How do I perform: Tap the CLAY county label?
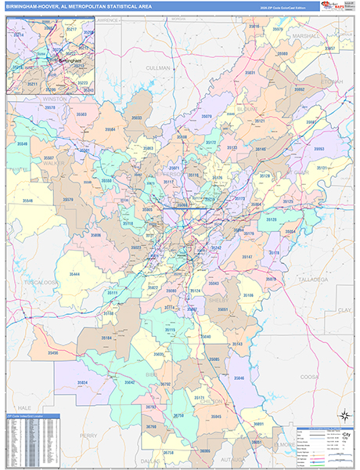pyautogui.click(x=344, y=309)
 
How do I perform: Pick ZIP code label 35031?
pyautogui.click(x=250, y=72)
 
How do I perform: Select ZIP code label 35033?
pyautogui.click(x=137, y=117)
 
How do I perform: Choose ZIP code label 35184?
pyautogui.click(x=106, y=338)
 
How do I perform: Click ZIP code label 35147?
pyautogui.click(x=247, y=257)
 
